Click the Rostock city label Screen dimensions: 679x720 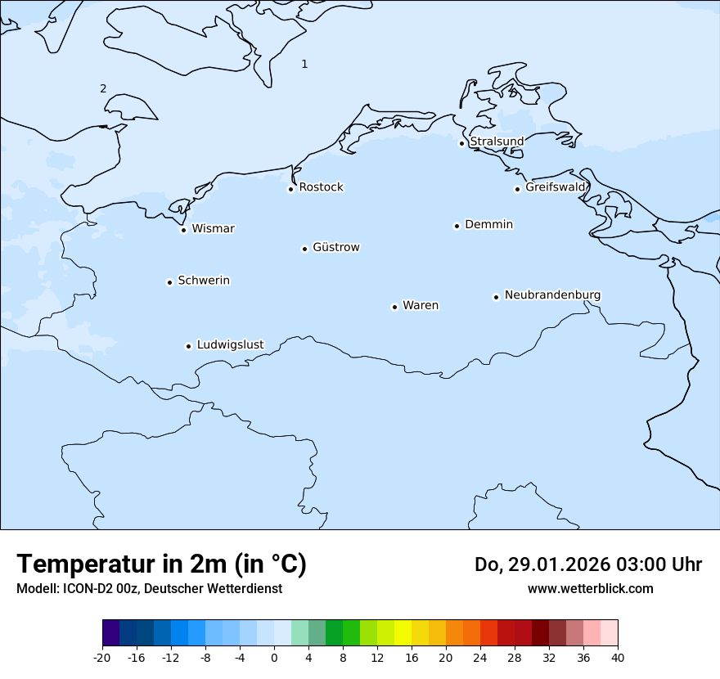321,187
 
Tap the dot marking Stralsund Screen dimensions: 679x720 461,143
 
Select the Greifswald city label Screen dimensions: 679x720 556,187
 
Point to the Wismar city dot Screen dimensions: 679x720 183,230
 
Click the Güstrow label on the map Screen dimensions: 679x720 335,247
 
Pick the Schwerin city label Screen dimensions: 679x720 204,281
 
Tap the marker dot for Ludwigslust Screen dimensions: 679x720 188,346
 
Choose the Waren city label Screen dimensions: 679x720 421,305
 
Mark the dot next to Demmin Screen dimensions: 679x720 457,226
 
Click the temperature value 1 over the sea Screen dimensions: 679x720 304,64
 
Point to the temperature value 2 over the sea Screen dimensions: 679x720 103,88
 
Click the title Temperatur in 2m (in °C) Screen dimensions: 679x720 162,564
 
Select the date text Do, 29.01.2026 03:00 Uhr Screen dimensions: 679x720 588,564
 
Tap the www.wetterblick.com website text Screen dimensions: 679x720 590,588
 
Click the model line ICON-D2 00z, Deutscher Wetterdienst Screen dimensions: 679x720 149,588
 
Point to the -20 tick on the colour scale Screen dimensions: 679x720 102,657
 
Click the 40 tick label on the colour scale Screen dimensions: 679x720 618,657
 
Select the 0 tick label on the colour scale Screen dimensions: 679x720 274,657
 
